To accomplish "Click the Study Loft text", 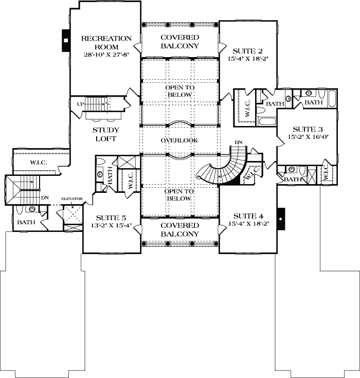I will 106,134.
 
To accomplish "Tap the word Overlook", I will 179,140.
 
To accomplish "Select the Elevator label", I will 72,199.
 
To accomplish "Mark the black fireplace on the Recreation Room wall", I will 65,40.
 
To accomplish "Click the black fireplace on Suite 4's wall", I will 281,218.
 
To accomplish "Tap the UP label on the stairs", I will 79,103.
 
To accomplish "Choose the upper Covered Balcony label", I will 179,42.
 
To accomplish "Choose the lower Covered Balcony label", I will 179,229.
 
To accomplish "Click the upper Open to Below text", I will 179,91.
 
